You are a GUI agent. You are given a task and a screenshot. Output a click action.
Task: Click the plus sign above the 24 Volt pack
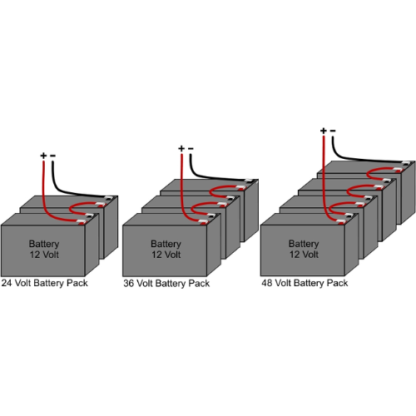click(x=43, y=156)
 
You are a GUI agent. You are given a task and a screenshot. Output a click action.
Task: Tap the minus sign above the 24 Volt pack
click(x=52, y=156)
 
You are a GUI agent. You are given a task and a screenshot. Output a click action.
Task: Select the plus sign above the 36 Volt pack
click(x=181, y=149)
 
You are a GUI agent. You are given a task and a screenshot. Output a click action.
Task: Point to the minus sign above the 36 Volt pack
click(x=191, y=149)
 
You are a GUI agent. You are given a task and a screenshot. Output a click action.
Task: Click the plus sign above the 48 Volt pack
click(x=324, y=131)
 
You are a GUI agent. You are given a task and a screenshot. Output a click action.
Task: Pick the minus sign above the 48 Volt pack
click(x=333, y=131)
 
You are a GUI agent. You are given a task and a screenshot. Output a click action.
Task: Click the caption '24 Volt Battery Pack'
click(x=45, y=283)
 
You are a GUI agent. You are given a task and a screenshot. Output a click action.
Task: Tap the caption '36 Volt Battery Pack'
click(x=166, y=284)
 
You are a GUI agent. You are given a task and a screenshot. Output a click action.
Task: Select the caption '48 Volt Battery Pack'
click(x=305, y=283)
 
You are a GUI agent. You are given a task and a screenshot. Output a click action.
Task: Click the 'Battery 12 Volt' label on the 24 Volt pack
click(x=44, y=249)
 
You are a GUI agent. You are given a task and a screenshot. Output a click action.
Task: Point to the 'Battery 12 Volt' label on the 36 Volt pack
click(x=166, y=249)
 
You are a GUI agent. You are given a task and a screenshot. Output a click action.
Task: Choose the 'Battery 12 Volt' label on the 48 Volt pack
click(x=304, y=249)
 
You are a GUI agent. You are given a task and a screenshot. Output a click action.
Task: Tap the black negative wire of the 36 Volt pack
click(x=202, y=176)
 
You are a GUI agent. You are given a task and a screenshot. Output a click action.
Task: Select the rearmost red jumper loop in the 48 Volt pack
click(x=368, y=174)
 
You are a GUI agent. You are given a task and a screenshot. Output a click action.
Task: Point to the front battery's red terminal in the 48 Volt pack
click(x=342, y=222)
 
